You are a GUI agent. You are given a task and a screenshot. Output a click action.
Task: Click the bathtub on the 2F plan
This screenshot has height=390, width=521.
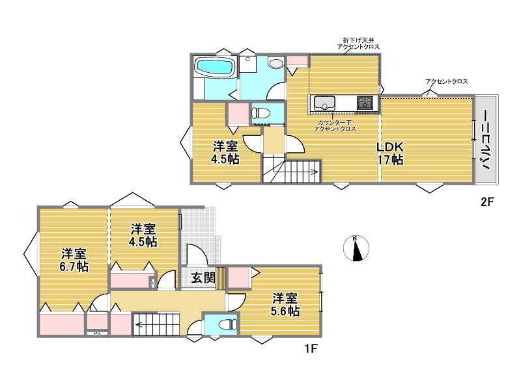coord(215,68)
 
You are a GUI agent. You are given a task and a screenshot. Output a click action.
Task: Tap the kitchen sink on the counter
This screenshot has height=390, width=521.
coord(324,103)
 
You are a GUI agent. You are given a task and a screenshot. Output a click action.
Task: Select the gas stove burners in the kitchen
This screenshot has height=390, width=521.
coord(365,103)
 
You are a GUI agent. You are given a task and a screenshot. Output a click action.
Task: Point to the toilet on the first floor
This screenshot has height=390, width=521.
coord(229,324)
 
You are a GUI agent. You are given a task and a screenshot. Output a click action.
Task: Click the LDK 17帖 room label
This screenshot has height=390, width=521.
coord(390,153)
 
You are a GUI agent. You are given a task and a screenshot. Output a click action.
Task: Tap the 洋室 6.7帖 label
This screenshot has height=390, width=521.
coord(74,261)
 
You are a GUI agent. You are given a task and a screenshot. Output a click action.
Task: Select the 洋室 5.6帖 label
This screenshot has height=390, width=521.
coord(285,305)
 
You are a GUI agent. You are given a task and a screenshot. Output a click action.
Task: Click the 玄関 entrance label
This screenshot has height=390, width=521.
coord(203,278)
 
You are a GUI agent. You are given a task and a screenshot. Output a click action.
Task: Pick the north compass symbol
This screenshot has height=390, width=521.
coord(356,248)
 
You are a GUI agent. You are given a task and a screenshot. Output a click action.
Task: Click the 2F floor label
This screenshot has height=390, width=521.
coord(487,201)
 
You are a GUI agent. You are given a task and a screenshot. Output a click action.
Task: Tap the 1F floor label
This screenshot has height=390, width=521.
coord(311,349)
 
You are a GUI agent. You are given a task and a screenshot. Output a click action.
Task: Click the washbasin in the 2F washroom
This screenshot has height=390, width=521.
coord(276,63)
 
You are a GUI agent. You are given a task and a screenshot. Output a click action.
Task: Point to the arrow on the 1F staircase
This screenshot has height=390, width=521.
coord(156,324)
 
